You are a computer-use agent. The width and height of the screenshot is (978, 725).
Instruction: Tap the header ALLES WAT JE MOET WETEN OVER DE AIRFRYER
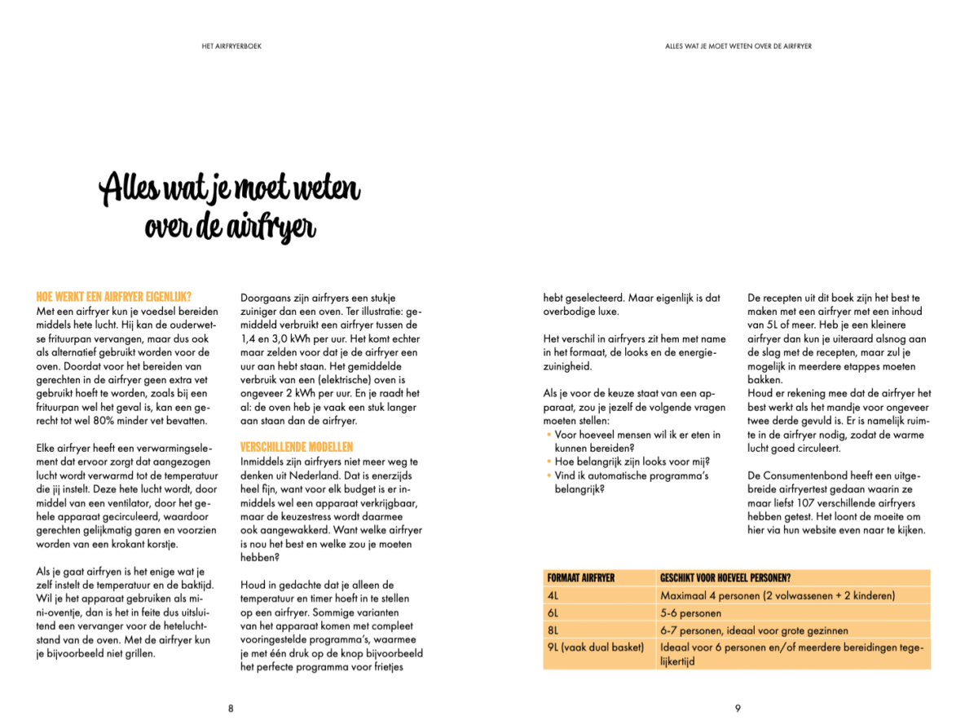(x=738, y=46)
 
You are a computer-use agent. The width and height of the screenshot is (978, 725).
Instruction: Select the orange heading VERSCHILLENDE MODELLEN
(x=297, y=447)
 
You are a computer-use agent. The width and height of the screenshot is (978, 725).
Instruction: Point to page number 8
(x=231, y=709)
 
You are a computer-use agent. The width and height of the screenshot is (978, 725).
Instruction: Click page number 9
(x=738, y=709)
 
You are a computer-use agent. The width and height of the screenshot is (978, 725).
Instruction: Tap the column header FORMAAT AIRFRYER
(x=581, y=578)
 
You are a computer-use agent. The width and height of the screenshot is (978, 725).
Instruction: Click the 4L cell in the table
(x=553, y=595)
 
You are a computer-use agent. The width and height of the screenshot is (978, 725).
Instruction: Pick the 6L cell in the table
(x=553, y=612)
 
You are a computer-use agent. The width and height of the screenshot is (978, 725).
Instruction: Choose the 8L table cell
(x=553, y=630)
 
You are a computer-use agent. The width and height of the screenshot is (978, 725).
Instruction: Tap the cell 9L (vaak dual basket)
(x=596, y=648)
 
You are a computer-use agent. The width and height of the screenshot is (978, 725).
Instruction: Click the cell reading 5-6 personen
(x=690, y=612)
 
